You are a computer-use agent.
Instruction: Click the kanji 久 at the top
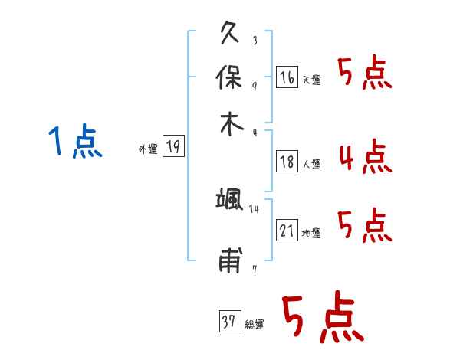pos(230,32)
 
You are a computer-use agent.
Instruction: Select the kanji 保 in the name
pos(228,77)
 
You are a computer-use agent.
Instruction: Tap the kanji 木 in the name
pos(232,124)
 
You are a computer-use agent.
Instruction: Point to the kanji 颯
pos(229,198)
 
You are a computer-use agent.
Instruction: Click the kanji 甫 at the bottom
pos(231,260)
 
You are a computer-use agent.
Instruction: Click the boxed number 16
pos(287,77)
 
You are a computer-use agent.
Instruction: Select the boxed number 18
pos(287,162)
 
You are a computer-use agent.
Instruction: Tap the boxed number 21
pos(287,231)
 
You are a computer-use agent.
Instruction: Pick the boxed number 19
pos(173,146)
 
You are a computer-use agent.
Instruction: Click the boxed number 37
pos(230,321)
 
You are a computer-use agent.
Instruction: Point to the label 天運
pos(312,80)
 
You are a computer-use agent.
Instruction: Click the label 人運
pos(312,164)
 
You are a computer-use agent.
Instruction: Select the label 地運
pos(311,234)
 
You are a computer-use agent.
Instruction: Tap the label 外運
pos(148,149)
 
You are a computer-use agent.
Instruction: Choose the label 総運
pos(255,324)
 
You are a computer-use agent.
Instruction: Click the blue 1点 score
pos(75,140)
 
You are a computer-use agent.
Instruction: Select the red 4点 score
pos(366,156)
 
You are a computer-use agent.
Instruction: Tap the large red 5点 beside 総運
pos(323,316)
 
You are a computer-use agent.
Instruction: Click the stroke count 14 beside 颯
pos(254,209)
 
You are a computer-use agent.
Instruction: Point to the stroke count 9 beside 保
pos(255,87)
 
